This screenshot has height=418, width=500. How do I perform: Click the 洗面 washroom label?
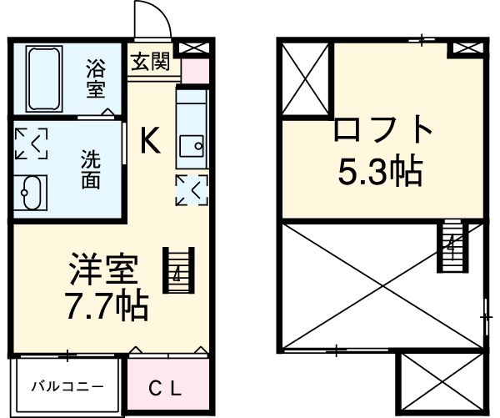(x=90, y=166)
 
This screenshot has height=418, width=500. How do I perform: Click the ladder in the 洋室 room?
(x=178, y=269)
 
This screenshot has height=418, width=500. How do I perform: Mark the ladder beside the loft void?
(x=451, y=244)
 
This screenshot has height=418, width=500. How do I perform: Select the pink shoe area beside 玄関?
(x=193, y=69)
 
